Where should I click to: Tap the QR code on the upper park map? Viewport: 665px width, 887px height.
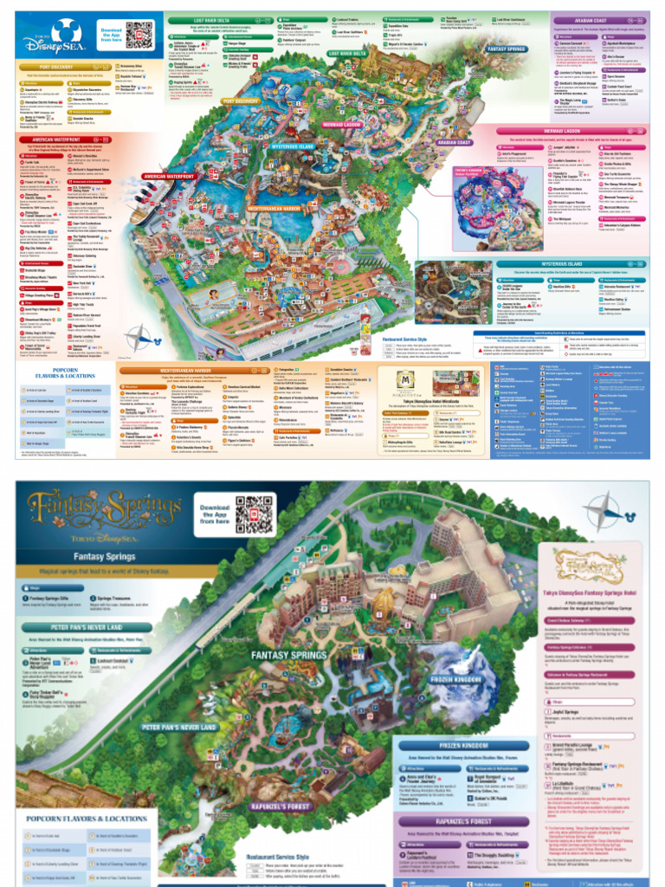point(139,35)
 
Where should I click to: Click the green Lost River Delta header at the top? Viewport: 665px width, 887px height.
point(206,19)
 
